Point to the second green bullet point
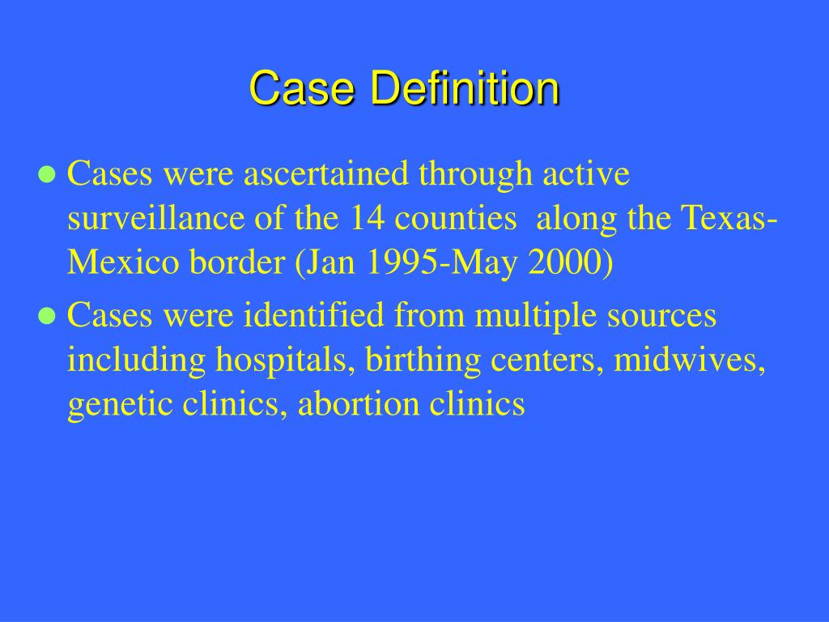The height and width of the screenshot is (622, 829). pos(48,316)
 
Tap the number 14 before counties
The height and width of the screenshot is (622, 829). pos(367,219)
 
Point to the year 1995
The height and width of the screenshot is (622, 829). pos(399,262)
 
